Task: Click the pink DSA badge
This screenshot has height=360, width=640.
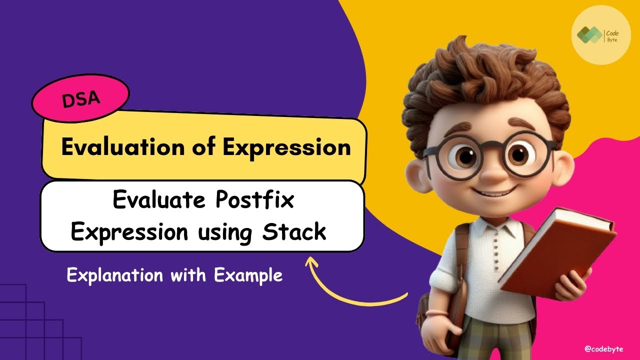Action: click(80, 98)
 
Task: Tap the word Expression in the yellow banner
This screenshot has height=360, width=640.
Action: click(286, 147)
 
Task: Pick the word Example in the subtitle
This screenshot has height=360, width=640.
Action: click(248, 275)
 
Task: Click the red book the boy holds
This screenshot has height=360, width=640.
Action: click(560, 250)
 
